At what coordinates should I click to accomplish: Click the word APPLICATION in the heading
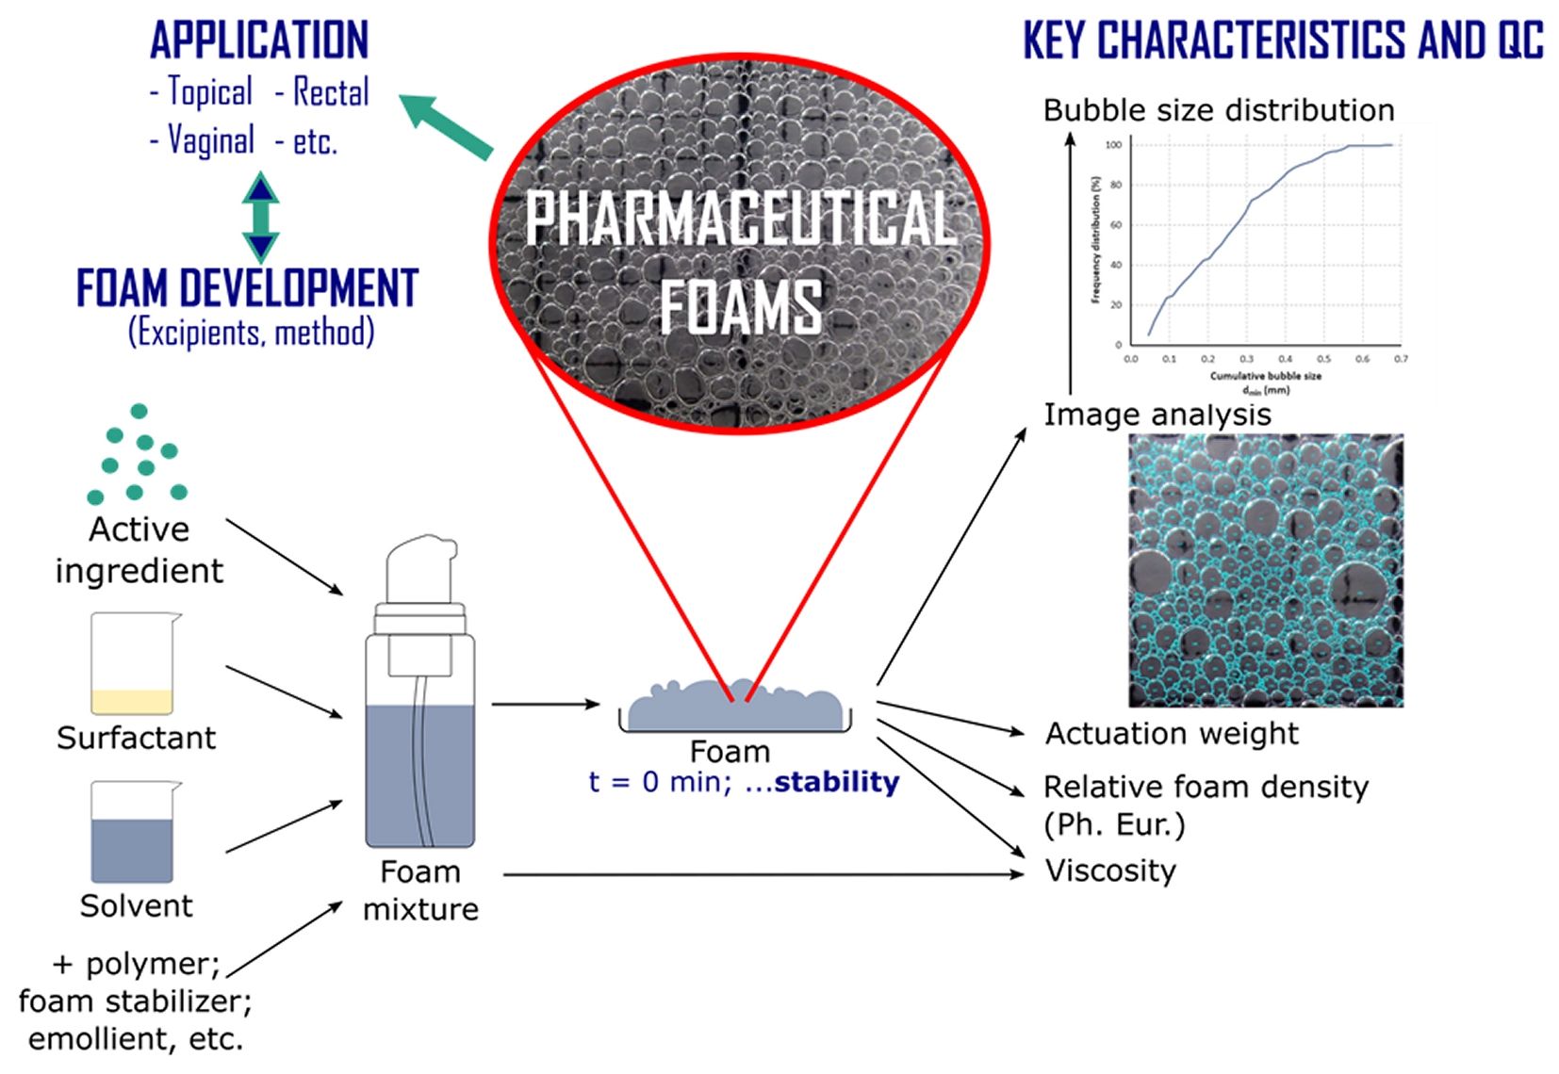click(x=259, y=40)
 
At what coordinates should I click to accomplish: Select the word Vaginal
click(x=210, y=141)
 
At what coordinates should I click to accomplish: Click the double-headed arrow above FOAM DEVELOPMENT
click(x=261, y=217)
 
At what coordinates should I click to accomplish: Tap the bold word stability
click(x=836, y=782)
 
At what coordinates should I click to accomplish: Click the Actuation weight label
click(x=1172, y=733)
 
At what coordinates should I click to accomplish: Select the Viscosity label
click(x=1110, y=870)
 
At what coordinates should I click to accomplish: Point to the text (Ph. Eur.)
click(x=1113, y=824)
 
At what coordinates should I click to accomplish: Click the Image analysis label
click(x=1157, y=415)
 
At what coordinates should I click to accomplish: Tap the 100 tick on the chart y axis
click(x=1113, y=145)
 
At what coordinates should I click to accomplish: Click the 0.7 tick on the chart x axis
click(x=1401, y=359)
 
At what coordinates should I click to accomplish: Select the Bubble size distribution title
click(x=1218, y=110)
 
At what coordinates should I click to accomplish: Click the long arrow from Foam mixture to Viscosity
click(x=763, y=874)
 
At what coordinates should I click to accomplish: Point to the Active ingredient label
click(x=139, y=550)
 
